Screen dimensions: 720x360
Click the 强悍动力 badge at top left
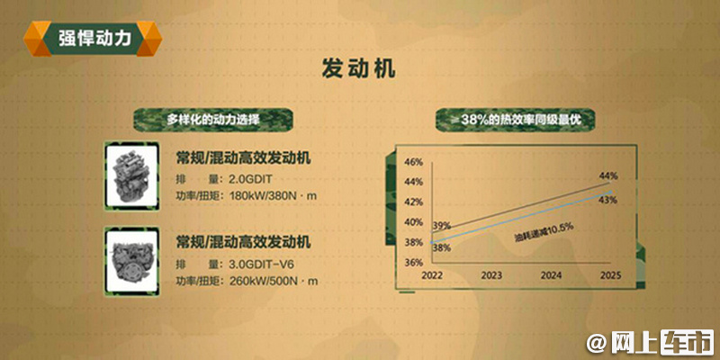93,39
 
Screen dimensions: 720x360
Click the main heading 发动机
358,70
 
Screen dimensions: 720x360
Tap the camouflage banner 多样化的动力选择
213,120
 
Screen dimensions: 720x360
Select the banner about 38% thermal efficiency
516,120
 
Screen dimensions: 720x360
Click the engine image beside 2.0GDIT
131,175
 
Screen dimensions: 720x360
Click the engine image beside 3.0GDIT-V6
131,261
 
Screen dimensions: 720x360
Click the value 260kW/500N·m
273,281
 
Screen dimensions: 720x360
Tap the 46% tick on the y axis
414,162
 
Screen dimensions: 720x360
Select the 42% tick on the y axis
414,202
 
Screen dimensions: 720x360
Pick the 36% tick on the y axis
414,263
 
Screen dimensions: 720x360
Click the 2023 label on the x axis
491,275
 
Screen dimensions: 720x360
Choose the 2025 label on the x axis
611,275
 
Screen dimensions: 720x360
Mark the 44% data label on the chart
608,175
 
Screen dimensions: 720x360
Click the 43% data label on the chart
607,200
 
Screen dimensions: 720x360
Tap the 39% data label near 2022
441,226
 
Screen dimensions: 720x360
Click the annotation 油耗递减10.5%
544,232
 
